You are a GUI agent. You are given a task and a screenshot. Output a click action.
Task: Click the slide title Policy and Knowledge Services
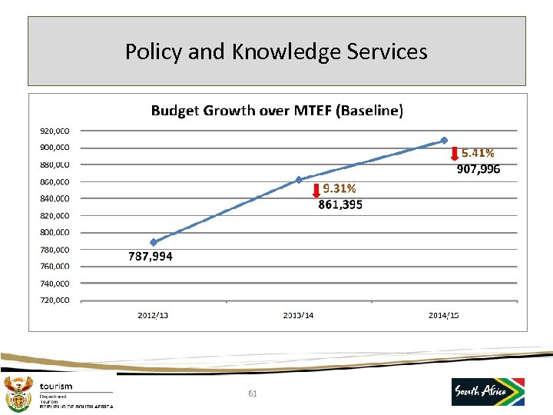coord(276,51)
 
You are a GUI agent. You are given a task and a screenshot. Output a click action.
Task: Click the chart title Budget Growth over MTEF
coord(276,110)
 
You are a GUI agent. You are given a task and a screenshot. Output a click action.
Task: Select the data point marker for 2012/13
coord(154,242)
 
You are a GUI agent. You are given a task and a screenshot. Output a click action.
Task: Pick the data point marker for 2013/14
coord(299,180)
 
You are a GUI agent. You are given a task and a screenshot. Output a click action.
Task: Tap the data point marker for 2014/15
coord(444,140)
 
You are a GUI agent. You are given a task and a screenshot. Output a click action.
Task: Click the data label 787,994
coord(151,257)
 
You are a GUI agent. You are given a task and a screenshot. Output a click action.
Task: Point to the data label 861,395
coord(340,204)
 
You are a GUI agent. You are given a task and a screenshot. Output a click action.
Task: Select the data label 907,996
coord(478,169)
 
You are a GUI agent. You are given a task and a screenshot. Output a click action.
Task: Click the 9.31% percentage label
coord(339,189)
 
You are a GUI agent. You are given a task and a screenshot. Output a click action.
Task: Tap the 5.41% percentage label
coord(478,154)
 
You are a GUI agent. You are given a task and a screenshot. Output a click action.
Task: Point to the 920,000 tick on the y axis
coord(55,131)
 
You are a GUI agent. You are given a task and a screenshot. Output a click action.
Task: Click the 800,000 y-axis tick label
coord(55,232)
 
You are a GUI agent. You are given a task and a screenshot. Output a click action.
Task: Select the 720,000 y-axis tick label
coord(55,300)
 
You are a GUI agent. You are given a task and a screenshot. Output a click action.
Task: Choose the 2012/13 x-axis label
coord(153,315)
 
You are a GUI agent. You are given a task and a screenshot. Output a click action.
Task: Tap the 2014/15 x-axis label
coord(444,315)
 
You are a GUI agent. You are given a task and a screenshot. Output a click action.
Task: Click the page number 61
coord(253,393)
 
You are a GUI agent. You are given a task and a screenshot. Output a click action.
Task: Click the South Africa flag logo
coord(488,391)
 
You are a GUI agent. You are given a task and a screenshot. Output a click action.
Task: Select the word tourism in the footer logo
coord(56,387)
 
